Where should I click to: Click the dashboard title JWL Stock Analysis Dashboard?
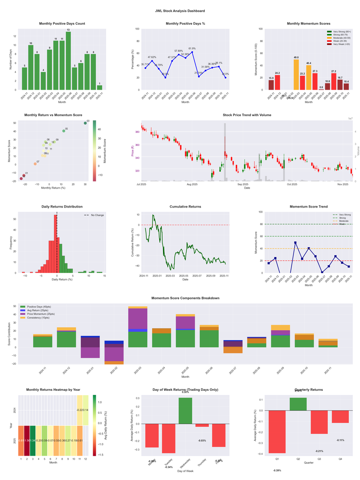click(180, 10)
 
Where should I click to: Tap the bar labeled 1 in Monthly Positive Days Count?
click(99, 87)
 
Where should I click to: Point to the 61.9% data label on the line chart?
click(192, 48)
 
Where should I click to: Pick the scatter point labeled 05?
click(63, 131)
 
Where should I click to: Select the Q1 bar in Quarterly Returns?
click(277, 432)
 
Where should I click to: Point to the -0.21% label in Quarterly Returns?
click(319, 451)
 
